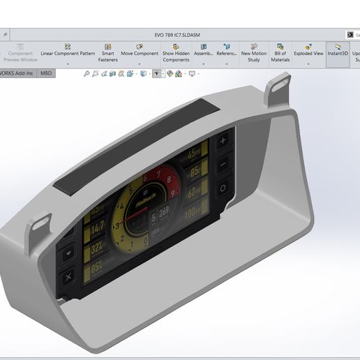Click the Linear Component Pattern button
(x=68, y=52)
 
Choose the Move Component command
(x=140, y=52)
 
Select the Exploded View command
(x=308, y=52)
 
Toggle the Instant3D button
(x=338, y=52)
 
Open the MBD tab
(x=46, y=73)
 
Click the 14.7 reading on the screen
(x=98, y=225)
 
